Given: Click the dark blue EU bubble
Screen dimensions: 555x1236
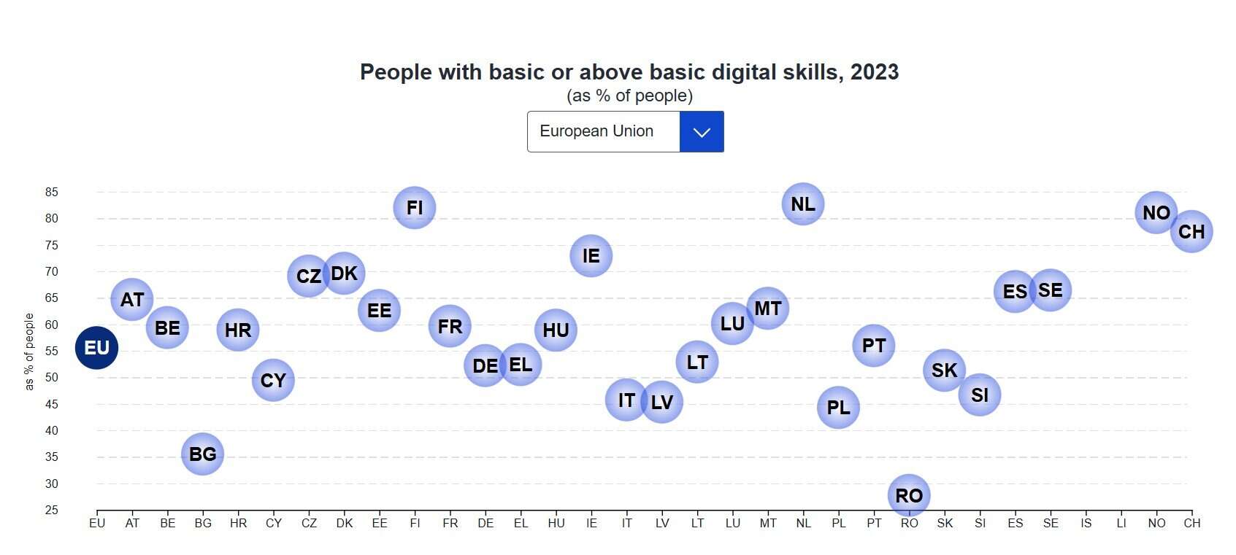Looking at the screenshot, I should click(96, 348).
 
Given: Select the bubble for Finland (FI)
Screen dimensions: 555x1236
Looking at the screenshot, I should click(415, 208).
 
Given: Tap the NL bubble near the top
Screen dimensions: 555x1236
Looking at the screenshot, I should click(803, 204).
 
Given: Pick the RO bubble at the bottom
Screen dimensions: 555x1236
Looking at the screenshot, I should click(909, 495).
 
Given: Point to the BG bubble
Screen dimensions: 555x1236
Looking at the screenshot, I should click(202, 454).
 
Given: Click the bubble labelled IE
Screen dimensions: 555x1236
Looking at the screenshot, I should click(591, 256).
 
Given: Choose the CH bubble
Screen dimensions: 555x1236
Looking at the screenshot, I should click(1191, 232).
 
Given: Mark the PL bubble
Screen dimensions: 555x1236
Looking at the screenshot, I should click(838, 407).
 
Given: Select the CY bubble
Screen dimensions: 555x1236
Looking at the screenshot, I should click(273, 380).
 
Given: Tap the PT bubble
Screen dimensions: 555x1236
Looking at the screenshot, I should click(874, 345).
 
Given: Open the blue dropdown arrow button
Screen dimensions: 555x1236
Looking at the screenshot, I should click(702, 132).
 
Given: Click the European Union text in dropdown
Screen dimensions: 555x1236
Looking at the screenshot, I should click(596, 131).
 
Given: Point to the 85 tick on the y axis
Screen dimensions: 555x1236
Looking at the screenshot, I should click(52, 193).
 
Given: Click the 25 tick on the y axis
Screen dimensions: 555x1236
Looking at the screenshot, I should click(52, 510).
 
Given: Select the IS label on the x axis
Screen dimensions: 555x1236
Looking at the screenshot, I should click(1086, 523).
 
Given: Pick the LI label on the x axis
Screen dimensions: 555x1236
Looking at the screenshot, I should click(1121, 523).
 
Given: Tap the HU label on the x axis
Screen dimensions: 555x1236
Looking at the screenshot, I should click(556, 523).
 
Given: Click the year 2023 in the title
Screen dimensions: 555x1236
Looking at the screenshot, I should click(875, 72).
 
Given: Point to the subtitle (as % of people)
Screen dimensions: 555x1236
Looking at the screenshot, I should click(629, 96).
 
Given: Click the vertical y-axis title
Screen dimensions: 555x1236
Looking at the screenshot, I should click(29, 352).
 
